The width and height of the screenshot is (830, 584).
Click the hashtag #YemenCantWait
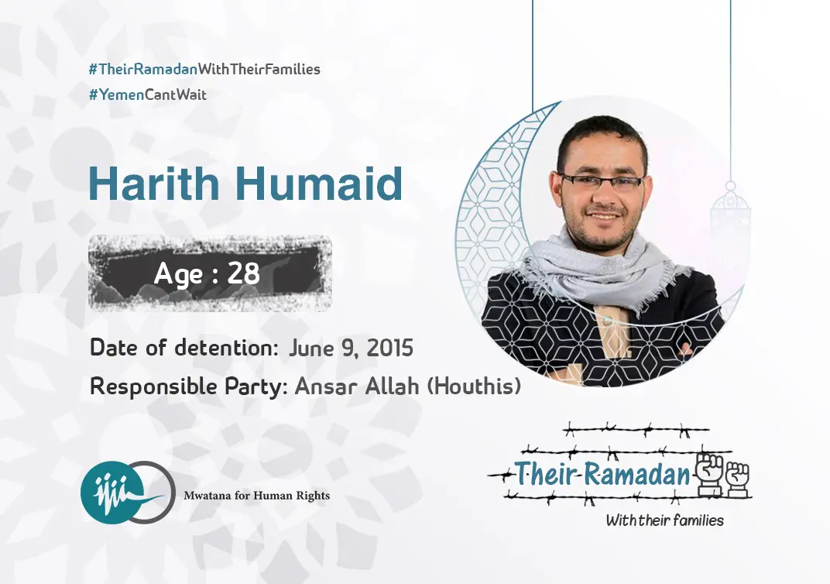(x=148, y=95)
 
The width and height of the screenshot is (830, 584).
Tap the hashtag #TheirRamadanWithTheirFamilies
(x=204, y=69)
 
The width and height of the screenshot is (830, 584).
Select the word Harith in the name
(x=157, y=184)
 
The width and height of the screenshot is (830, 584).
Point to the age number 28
(x=243, y=273)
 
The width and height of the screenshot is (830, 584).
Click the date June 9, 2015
(x=351, y=348)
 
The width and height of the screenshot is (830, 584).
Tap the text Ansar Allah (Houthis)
(x=407, y=386)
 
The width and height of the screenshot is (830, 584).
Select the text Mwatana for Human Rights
(x=256, y=496)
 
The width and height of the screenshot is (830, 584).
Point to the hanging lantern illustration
(x=730, y=217)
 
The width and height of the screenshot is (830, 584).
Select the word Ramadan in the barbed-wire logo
(x=636, y=475)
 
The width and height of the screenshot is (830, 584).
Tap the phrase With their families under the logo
(x=664, y=520)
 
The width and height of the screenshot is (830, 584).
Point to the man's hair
(x=600, y=132)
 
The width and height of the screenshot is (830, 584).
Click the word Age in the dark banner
(x=180, y=273)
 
